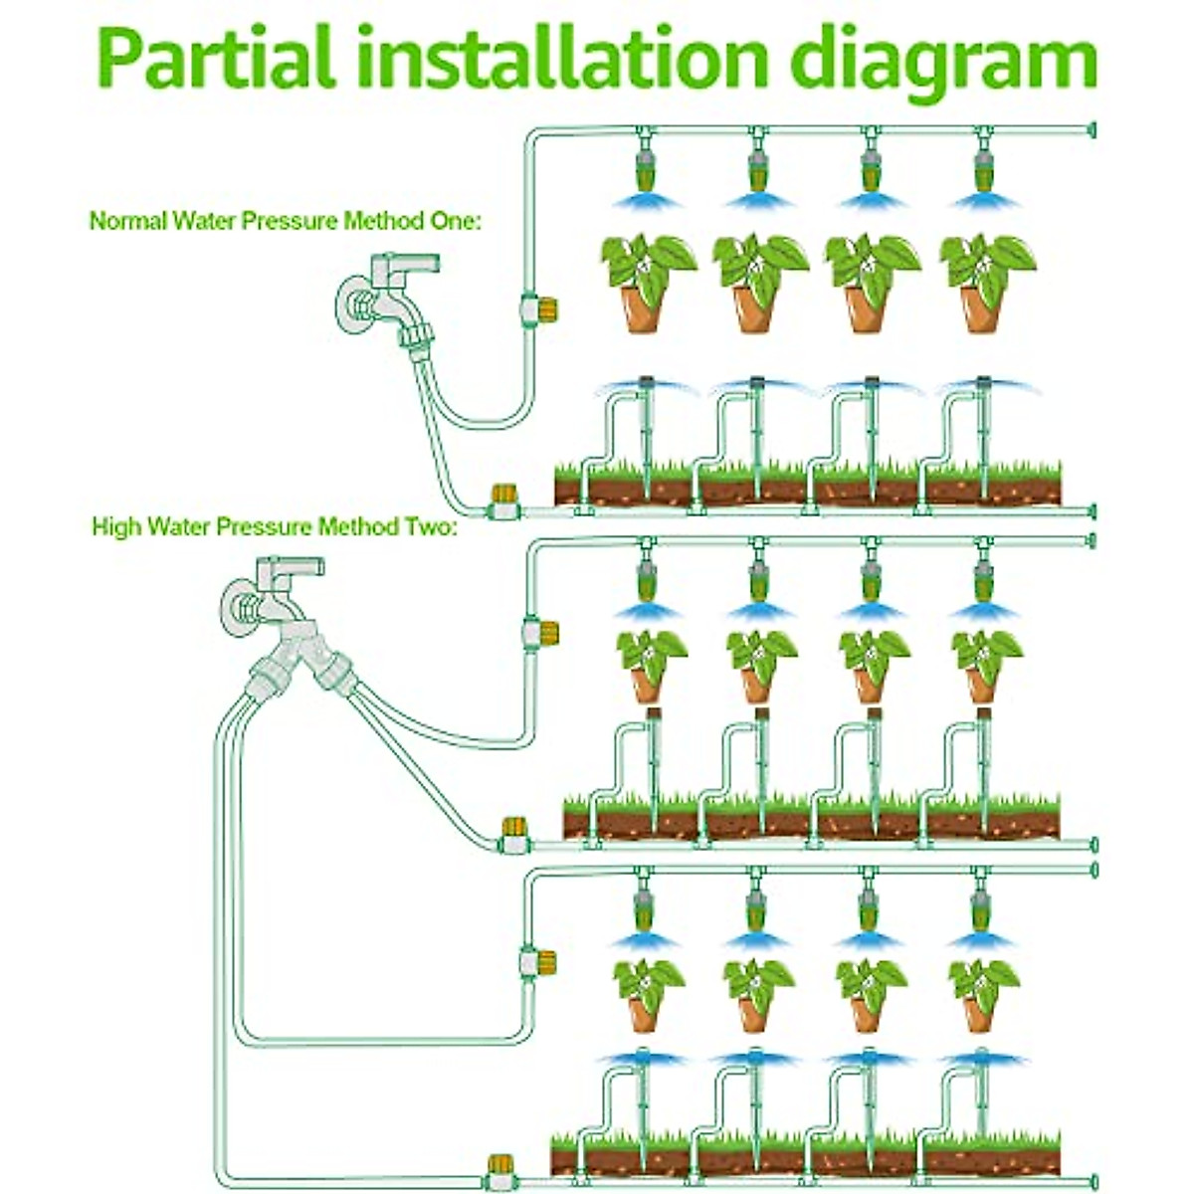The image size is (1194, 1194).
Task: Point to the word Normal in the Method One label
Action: pyautogui.click(x=127, y=221)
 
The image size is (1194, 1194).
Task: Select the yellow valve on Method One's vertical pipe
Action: pyautogui.click(x=545, y=308)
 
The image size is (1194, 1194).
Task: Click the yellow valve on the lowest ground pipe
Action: pyautogui.click(x=497, y=1165)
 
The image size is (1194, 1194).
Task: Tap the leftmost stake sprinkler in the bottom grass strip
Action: pyautogui.click(x=643, y=1104)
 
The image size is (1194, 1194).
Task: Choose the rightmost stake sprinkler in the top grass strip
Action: pyautogui.click(x=983, y=438)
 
